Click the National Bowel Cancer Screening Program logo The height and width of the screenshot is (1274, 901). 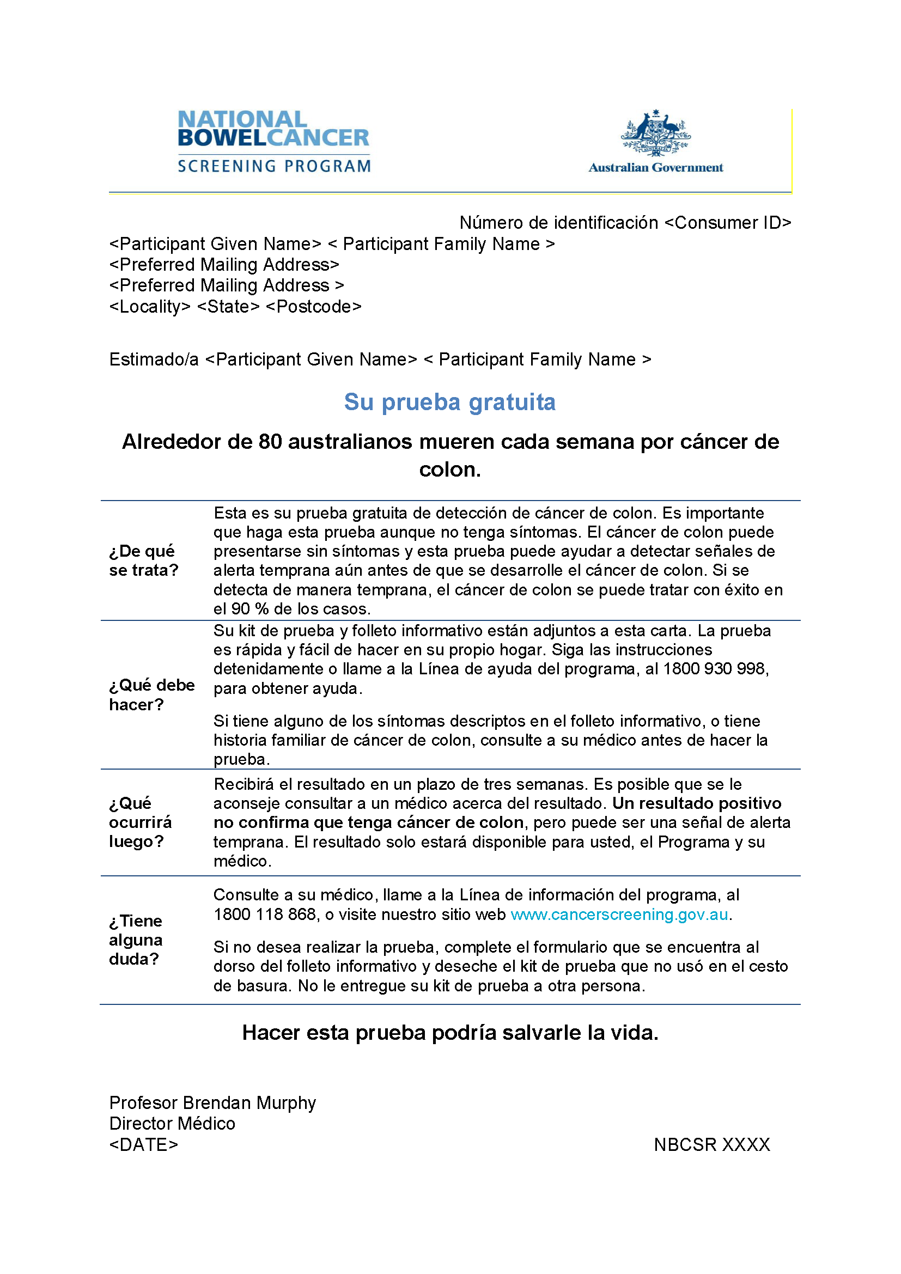pyautogui.click(x=273, y=142)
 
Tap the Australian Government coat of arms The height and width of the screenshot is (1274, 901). pyautogui.click(x=655, y=132)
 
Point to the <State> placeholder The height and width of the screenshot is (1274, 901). pyautogui.click(x=228, y=306)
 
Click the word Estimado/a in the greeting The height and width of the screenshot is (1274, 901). pyautogui.click(x=154, y=359)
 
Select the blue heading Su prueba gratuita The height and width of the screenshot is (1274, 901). pyautogui.click(x=449, y=402)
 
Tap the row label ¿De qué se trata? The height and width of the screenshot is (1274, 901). pyautogui.click(x=143, y=560)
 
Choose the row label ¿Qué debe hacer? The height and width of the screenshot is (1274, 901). pyautogui.click(x=151, y=694)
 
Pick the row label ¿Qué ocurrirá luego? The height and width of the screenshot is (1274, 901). pyautogui.click(x=141, y=822)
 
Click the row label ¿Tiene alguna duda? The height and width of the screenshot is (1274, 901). pyautogui.click(x=136, y=940)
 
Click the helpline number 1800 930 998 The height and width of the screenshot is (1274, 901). pyautogui.click(x=715, y=669)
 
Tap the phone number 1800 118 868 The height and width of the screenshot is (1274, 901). pyautogui.click(x=265, y=915)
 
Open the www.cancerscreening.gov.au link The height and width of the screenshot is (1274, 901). pyautogui.click(x=619, y=915)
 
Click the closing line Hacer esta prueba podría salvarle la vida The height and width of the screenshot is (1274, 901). pyautogui.click(x=450, y=1033)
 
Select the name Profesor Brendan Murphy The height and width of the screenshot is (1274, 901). pyautogui.click(x=212, y=1102)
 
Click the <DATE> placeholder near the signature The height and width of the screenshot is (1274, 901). pyautogui.click(x=144, y=1144)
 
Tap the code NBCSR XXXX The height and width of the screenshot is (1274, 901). pyautogui.click(x=712, y=1144)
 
